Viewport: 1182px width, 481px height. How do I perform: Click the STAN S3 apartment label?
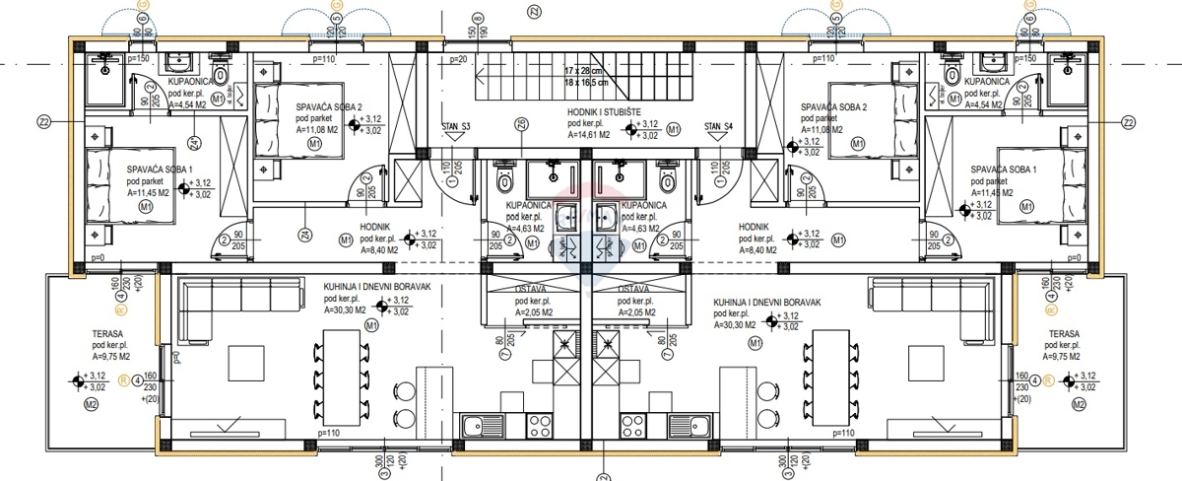click(456, 126)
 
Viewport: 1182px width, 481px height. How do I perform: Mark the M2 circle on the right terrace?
click(1079, 405)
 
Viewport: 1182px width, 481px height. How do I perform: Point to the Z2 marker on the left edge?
click(43, 122)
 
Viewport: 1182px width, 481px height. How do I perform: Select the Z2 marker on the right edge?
click(1128, 122)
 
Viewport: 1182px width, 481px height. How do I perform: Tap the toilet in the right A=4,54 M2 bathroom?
click(952, 74)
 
